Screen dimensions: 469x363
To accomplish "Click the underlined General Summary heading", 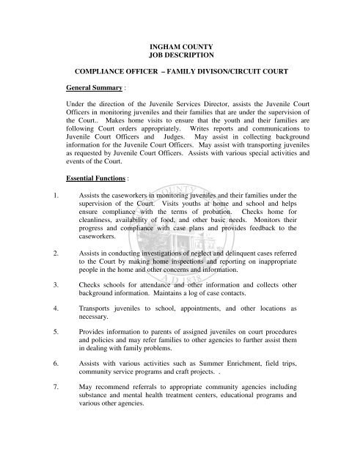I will pyautogui.click(x=93, y=90).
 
